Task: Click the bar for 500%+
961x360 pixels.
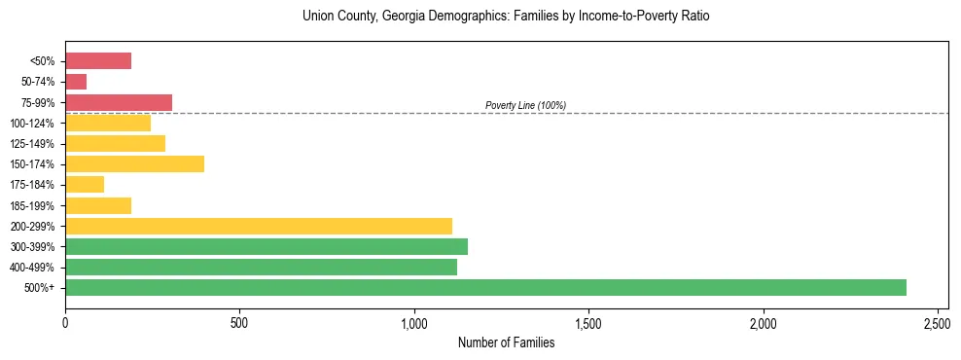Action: coord(485,287)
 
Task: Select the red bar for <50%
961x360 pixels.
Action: coord(98,61)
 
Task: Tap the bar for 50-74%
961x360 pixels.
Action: coord(76,82)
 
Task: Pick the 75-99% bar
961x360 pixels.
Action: coord(119,102)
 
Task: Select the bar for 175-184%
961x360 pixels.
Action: coord(85,184)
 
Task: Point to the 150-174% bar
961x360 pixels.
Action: coord(134,163)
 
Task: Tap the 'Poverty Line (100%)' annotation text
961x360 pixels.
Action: coord(525,105)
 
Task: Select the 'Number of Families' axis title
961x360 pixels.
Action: coord(506,342)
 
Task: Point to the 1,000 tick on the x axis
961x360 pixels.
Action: coord(414,321)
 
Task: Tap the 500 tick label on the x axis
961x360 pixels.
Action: coord(239,321)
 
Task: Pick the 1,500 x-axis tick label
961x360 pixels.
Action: coord(588,321)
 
